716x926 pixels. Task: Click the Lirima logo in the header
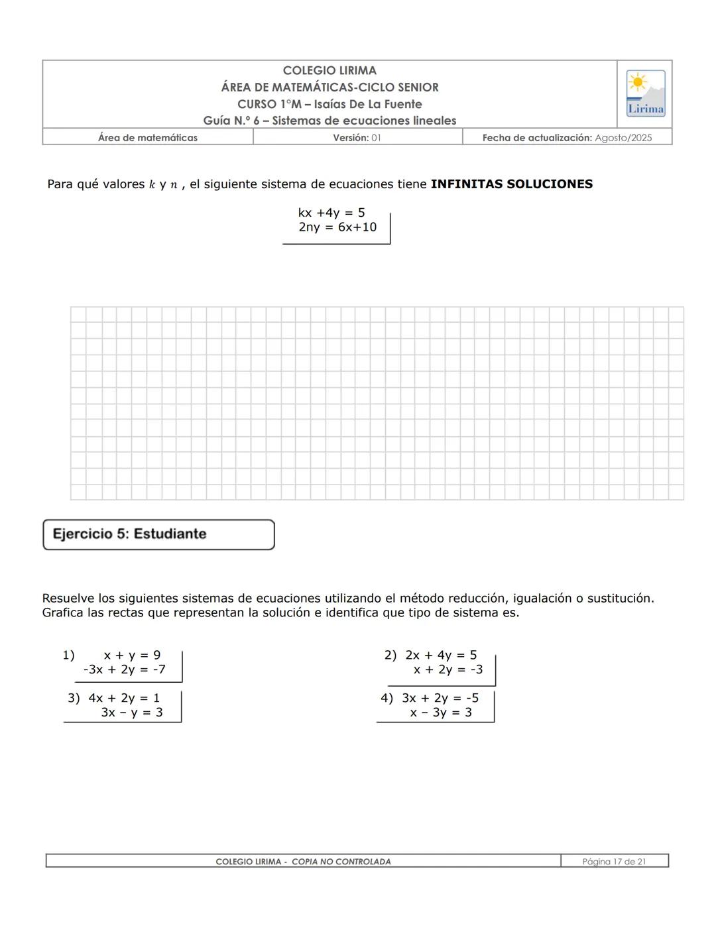[645, 93]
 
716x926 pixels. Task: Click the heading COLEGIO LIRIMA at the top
[329, 70]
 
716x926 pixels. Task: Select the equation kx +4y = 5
[331, 213]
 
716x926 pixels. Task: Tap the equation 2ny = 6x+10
[337, 227]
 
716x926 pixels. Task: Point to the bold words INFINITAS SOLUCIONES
[511, 184]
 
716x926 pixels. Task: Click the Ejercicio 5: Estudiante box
[158, 534]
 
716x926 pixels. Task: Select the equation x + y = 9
[132, 655]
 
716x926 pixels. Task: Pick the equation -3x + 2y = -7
[124, 669]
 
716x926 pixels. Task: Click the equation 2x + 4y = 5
[441, 655]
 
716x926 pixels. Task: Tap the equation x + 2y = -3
[448, 669]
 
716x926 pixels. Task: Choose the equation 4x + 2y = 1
[124, 698]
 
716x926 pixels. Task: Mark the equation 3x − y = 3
[131, 713]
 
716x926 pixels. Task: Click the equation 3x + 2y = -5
[440, 698]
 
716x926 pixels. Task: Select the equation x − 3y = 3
[441, 713]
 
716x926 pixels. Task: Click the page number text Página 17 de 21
[614, 862]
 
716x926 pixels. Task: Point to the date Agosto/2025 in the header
[623, 138]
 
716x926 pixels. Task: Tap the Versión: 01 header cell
[357, 138]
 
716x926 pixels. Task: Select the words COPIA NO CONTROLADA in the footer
[341, 862]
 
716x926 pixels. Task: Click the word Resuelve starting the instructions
[68, 599]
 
